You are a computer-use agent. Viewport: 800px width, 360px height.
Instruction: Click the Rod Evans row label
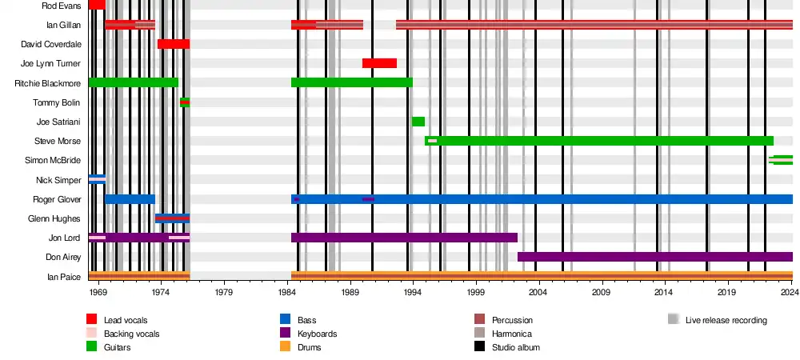coord(61,6)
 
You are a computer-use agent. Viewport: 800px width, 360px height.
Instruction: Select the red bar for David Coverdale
coord(174,43)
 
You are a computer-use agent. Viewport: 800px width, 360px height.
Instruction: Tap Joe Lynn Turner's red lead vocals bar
coord(379,63)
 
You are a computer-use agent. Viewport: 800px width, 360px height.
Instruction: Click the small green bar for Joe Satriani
coord(418,122)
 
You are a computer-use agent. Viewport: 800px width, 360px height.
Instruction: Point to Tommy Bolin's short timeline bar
coord(185,102)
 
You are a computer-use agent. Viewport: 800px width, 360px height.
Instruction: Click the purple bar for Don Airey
coord(654,257)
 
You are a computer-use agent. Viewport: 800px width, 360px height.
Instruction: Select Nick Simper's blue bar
coord(97,179)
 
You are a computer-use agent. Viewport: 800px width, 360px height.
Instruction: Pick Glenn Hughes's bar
coord(172,218)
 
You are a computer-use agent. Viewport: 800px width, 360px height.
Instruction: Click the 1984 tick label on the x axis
coord(288,294)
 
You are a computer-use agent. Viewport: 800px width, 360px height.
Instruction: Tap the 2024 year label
coord(790,294)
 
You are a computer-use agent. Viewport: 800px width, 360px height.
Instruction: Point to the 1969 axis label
coord(98,294)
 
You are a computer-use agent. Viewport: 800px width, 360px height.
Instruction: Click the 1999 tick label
coord(476,294)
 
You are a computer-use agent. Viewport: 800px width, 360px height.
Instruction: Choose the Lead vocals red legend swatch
coord(92,320)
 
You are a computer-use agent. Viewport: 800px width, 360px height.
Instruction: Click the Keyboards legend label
coord(317,334)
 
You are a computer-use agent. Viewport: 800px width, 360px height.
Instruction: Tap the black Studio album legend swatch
coord(480,347)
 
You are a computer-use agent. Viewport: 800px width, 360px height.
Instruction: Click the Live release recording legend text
coord(726,320)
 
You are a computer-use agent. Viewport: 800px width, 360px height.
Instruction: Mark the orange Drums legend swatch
coord(284,347)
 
